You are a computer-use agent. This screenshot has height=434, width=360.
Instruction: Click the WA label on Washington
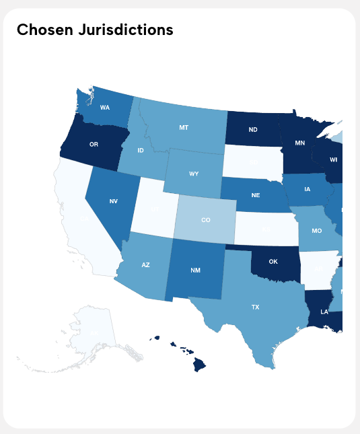point(105,108)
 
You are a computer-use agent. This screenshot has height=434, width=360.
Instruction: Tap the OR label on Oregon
point(94,144)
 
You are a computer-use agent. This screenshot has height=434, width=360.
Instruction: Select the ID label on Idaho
point(141,150)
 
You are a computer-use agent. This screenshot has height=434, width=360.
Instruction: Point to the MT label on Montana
point(184,127)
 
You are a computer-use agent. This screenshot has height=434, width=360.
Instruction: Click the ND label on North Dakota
point(253,129)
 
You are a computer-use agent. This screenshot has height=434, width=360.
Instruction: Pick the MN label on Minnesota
point(300,143)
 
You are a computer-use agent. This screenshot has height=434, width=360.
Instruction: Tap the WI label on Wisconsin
point(334,160)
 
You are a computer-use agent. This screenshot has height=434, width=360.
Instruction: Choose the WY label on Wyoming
point(194,174)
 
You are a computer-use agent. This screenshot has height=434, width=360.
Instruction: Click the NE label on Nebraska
point(256,195)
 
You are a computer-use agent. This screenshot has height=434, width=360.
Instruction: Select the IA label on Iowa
point(307,189)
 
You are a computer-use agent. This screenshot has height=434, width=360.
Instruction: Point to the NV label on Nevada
point(114,201)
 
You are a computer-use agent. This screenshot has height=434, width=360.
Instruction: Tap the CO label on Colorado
point(206,220)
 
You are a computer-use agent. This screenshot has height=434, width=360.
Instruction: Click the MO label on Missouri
point(316,230)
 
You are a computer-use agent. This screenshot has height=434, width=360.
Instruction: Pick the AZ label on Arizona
point(145,265)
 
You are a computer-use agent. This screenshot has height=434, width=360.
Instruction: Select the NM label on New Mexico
point(195,270)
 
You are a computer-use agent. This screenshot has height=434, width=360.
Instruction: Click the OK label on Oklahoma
point(274,261)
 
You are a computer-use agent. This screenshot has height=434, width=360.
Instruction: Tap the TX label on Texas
point(255,307)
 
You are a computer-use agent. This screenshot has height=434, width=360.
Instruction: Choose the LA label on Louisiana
point(324,312)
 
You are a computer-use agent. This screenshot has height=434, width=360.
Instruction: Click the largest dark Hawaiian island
point(200,365)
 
